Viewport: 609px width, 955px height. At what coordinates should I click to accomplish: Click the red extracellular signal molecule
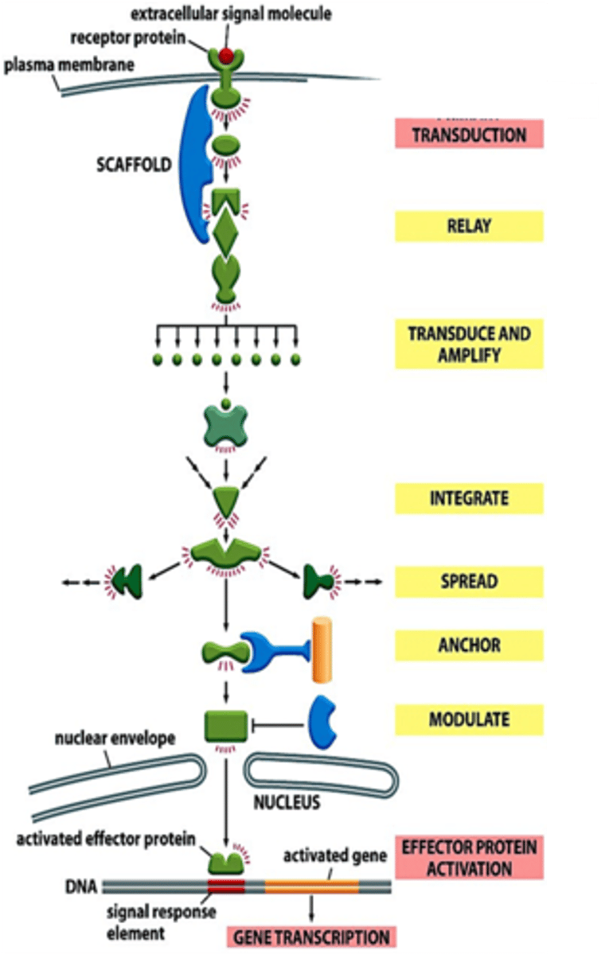tap(227, 57)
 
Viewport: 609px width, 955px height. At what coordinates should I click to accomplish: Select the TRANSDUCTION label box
tap(469, 134)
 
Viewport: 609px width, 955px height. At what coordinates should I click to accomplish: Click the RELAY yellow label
tap(469, 226)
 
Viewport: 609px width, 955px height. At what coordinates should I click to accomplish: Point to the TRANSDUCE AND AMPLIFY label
tap(469, 344)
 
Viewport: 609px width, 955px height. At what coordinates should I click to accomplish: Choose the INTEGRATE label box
tap(469, 499)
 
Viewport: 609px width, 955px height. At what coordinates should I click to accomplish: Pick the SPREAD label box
tap(469, 582)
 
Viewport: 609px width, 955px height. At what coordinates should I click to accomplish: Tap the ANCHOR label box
tap(469, 645)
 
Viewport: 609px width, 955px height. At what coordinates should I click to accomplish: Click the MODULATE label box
tap(469, 719)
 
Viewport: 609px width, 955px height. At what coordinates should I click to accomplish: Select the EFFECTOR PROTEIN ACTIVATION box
tap(469, 857)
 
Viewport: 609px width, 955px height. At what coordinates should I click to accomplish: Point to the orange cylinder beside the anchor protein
tap(322, 650)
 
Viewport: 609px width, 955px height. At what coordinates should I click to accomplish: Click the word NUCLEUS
tap(287, 801)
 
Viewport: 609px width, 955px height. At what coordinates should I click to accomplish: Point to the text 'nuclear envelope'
tap(115, 739)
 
